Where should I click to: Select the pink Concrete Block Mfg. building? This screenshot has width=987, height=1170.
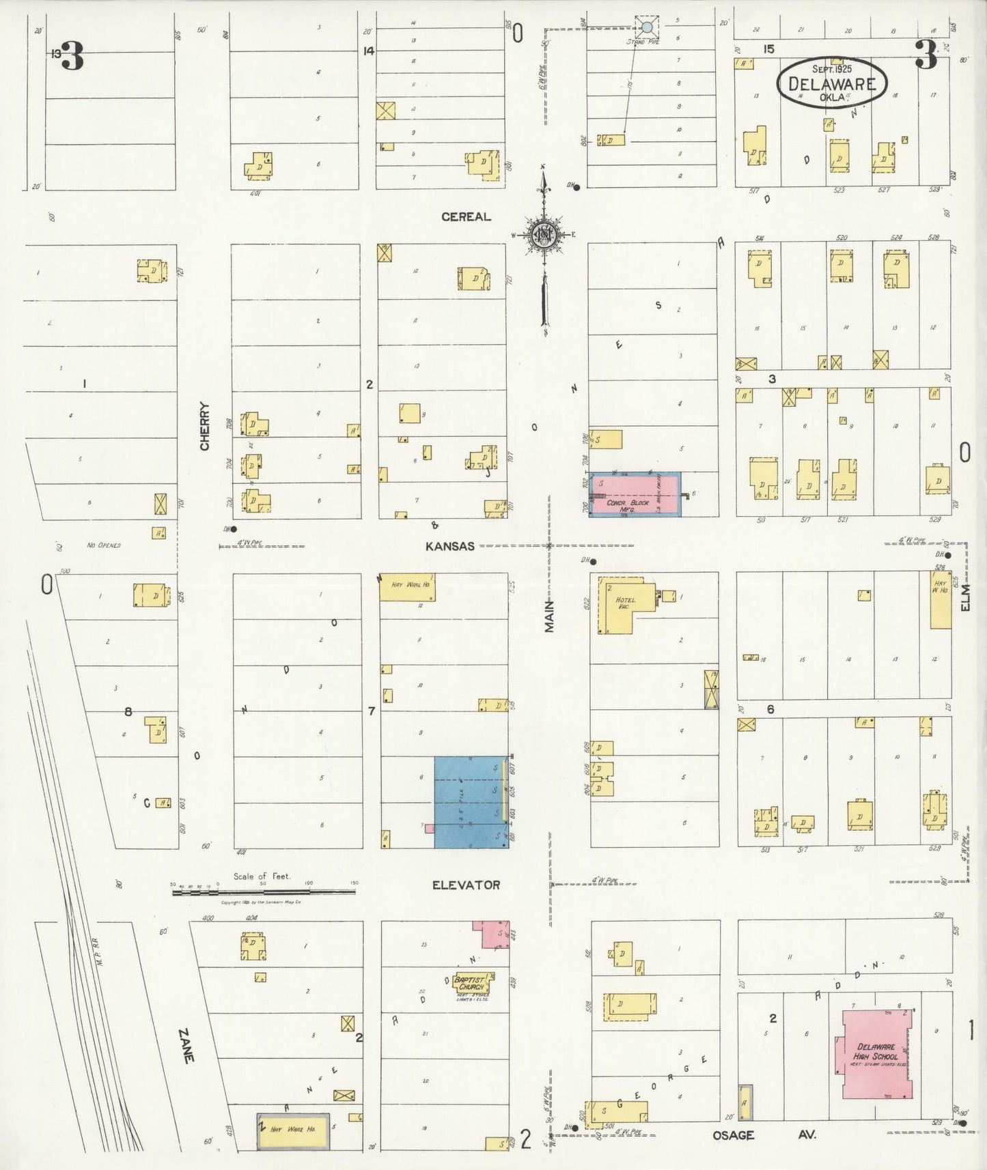pos(634,494)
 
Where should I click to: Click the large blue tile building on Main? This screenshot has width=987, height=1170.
pos(471,802)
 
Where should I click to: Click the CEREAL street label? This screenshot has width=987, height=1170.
pos(466,216)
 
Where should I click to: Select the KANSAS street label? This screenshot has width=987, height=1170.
pos(449,546)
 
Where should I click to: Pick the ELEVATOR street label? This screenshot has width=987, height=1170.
pos(466,885)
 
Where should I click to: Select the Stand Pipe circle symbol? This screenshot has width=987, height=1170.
pos(646,28)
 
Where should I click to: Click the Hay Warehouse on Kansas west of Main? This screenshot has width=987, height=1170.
pos(407,586)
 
